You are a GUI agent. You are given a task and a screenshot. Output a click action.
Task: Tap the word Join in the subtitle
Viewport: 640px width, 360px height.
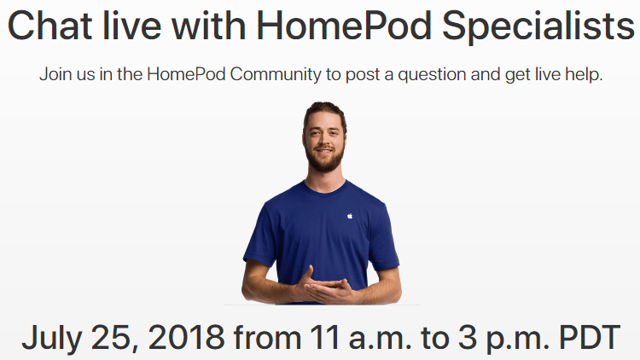click(54, 74)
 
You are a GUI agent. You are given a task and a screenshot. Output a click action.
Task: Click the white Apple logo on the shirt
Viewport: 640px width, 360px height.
click(349, 214)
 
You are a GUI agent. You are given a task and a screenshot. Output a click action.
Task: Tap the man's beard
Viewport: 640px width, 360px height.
click(324, 162)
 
